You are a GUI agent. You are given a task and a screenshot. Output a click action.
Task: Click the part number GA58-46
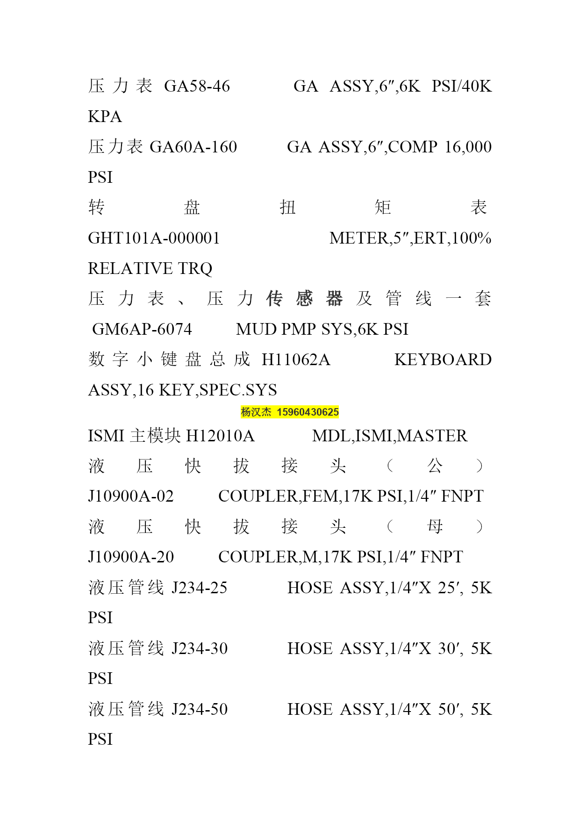[197, 86]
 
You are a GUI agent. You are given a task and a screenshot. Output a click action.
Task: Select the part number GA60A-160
[193, 147]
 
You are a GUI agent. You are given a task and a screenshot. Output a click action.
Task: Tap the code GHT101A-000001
[154, 238]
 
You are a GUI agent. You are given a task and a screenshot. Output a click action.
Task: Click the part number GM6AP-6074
[142, 329]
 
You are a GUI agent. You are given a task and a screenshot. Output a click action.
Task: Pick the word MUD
[252, 329]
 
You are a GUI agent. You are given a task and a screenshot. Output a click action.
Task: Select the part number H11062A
[296, 360]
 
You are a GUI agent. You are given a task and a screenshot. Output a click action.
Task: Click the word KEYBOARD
[443, 360]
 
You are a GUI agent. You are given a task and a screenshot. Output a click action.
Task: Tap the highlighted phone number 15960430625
[308, 412]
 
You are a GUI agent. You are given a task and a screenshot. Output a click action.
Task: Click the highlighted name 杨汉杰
[256, 412]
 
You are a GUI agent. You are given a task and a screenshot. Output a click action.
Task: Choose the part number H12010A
[220, 436]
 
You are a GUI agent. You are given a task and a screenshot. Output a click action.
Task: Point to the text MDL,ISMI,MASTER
[390, 436]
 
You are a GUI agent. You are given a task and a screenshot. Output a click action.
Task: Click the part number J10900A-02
[131, 496]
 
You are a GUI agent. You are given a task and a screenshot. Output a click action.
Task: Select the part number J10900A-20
[131, 557]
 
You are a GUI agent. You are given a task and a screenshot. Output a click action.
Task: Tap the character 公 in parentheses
[435, 466]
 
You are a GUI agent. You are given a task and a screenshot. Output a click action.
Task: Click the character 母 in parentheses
[435, 526]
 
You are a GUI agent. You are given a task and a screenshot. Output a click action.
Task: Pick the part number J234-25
[200, 588]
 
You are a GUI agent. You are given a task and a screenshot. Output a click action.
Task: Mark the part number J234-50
[200, 709]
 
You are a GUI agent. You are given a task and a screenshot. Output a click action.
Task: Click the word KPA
[105, 116]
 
